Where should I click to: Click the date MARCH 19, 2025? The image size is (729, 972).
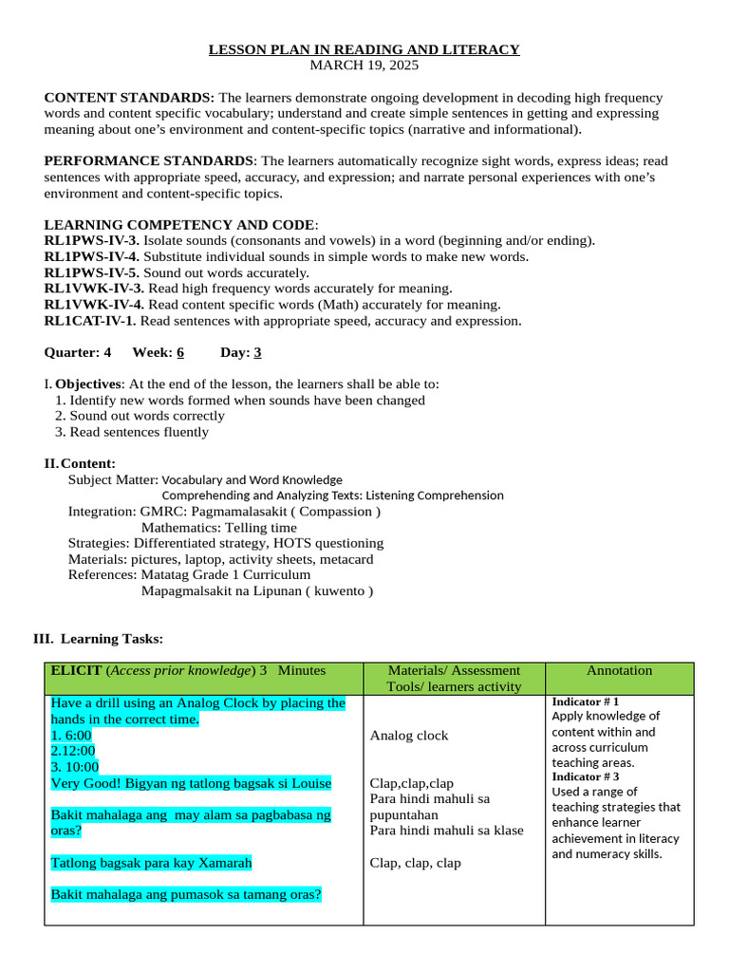364,65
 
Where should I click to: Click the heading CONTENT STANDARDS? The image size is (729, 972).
129,98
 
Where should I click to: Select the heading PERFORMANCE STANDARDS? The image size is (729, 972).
149,161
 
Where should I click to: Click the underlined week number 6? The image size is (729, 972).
180,352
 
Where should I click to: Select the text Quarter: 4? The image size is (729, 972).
78,352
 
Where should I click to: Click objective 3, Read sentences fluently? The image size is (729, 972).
132,432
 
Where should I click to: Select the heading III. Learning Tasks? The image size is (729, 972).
98,639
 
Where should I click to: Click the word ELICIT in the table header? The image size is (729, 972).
77,671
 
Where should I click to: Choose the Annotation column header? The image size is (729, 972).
619,671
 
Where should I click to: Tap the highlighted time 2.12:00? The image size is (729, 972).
73,751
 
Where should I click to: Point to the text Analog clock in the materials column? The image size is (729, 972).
409,736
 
